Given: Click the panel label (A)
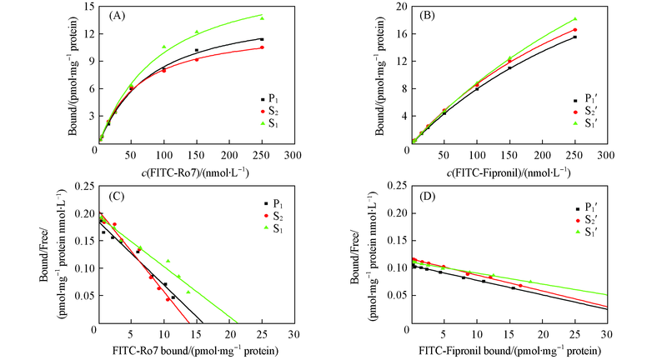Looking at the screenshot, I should (x=114, y=15).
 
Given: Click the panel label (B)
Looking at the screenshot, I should (x=428, y=15).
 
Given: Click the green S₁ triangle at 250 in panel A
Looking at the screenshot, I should (x=261, y=17).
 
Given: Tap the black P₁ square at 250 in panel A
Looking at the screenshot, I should (x=261, y=39).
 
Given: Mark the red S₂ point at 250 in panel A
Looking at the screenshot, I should (x=261, y=47).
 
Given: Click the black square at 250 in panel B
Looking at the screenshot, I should (x=574, y=37).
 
